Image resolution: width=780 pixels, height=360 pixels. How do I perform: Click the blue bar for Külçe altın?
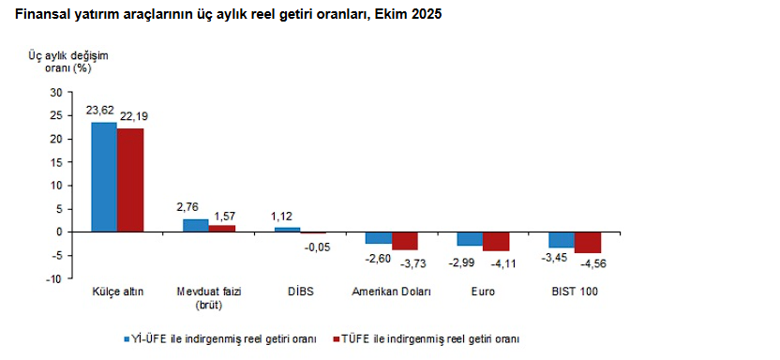(103, 176)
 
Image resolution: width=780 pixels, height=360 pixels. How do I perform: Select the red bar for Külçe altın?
(130, 180)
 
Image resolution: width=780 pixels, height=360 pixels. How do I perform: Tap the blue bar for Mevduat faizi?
(195, 225)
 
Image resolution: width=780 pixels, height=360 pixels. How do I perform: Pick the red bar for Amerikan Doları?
(405, 240)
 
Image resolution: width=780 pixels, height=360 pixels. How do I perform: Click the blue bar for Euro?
(470, 238)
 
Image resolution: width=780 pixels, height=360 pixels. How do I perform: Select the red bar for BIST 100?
(588, 242)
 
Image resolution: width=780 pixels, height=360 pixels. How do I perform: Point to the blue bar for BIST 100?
(562, 239)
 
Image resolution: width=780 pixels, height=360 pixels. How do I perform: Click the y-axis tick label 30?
(55, 92)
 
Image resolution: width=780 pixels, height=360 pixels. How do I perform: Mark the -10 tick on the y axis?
(53, 278)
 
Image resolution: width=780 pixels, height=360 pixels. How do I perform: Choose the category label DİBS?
(300, 292)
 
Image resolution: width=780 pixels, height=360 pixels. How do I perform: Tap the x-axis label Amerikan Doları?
(391, 292)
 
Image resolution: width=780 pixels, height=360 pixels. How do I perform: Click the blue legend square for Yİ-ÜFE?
(127, 338)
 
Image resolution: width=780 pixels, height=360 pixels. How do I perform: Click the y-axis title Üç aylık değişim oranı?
(68, 62)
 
